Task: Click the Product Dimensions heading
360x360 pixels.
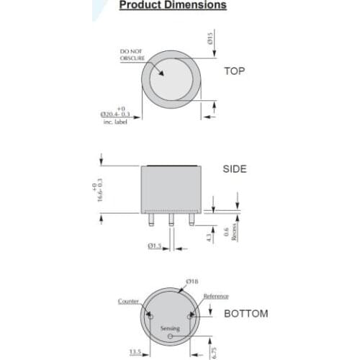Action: (x=172, y=5)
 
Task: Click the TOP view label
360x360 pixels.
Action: (x=235, y=71)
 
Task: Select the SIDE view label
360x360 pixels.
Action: (x=235, y=169)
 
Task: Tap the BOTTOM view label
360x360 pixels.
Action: (x=246, y=314)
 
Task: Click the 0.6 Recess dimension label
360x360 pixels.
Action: (x=228, y=230)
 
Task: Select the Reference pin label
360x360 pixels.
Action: (x=215, y=296)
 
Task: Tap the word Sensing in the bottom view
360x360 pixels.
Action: (x=170, y=328)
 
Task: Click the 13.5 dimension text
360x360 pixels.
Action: (x=135, y=352)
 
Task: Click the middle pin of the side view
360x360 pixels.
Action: (x=171, y=220)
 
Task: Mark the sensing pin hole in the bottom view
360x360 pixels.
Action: (x=170, y=336)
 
